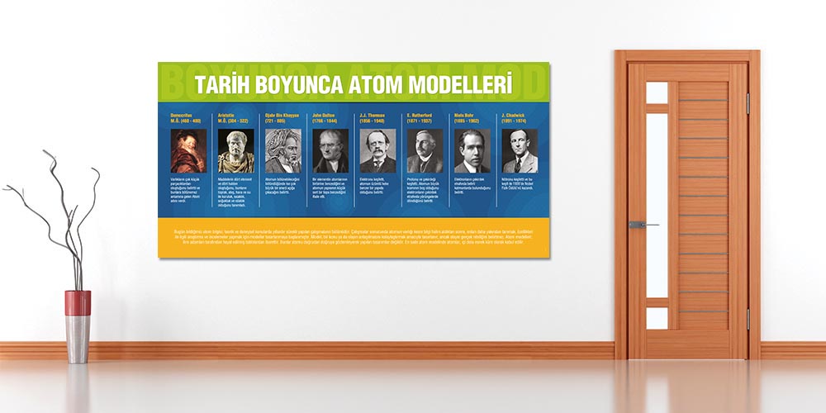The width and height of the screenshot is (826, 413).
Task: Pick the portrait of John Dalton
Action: pyautogui.click(x=330, y=151)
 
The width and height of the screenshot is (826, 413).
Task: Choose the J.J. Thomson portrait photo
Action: pyautogui.click(x=377, y=151)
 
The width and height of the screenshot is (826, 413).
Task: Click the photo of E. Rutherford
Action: pyautogui.click(x=425, y=151)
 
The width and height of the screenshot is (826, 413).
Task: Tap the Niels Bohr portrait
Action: pyautogui.click(x=472, y=151)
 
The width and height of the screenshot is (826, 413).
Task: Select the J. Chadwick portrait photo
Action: pyautogui.click(x=520, y=151)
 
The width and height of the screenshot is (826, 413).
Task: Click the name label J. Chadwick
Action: pyautogui.click(x=515, y=115)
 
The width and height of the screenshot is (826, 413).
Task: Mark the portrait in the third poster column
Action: pyautogui.click(x=282, y=151)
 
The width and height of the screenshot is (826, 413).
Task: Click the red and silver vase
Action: pyautogui.click(x=78, y=325)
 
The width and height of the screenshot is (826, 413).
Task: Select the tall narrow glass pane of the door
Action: pyautogui.click(x=657, y=206)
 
